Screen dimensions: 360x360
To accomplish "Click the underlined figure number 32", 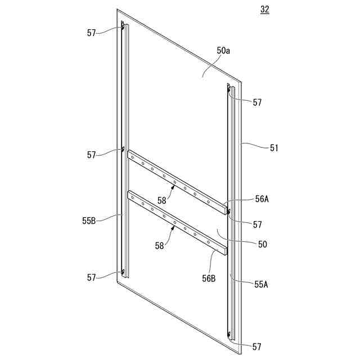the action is [x=265, y=11].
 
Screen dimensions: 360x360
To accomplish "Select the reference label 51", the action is [x=274, y=148].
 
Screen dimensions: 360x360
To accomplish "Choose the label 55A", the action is [x=260, y=285].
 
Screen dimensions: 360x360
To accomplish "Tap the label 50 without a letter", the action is [x=262, y=244].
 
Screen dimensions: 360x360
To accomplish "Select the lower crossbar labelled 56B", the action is [x=177, y=222].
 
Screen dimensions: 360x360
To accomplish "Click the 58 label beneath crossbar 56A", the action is [x=162, y=199].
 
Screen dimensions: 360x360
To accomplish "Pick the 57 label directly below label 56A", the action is [x=257, y=224].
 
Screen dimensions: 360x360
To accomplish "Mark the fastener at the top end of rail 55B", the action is [x=123, y=24].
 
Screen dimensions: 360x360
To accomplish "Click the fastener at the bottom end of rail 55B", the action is [x=123, y=272].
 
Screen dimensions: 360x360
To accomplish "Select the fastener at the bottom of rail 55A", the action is [x=229, y=336].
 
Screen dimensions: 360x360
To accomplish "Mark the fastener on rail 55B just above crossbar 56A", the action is [x=123, y=149].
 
